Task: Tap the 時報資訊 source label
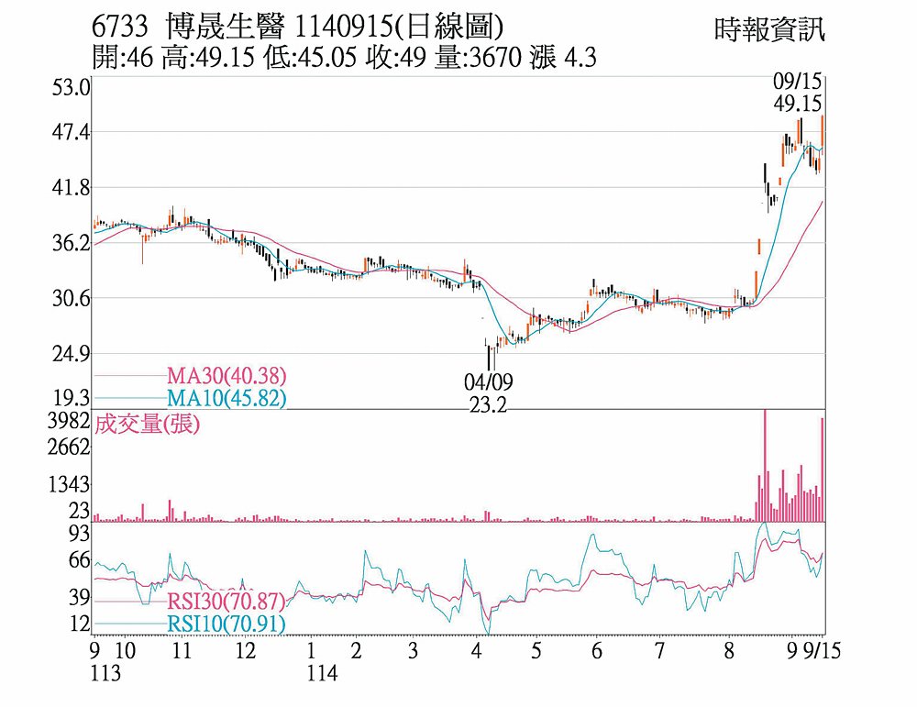tap(768, 29)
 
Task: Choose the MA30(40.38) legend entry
tap(226, 375)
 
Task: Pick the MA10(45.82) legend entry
tap(226, 398)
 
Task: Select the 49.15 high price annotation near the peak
tap(797, 105)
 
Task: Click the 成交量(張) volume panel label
tap(147, 424)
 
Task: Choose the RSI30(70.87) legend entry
tap(226, 602)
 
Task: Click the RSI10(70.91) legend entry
tap(226, 624)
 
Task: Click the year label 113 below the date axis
tap(110, 673)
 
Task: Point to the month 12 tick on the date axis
tap(244, 652)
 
